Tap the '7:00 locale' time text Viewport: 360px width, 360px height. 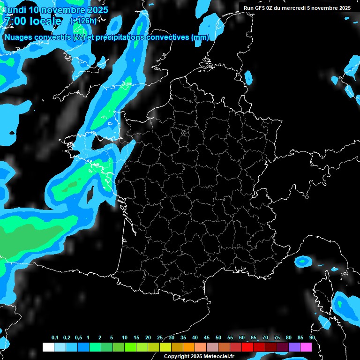(x=32, y=21)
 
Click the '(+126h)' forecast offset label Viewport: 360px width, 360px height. (x=83, y=21)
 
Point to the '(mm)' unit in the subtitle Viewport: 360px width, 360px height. (x=200, y=37)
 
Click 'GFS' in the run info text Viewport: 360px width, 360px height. (x=262, y=8)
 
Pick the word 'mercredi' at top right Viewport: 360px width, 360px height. (x=300, y=8)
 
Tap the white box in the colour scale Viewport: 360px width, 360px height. (x=48, y=347)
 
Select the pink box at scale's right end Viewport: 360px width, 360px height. (x=306, y=347)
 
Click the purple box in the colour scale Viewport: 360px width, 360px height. (x=294, y=347)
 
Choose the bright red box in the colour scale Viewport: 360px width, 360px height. (x=247, y=347)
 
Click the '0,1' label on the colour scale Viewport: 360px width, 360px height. (x=55, y=338)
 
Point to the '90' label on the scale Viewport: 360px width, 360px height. (x=312, y=338)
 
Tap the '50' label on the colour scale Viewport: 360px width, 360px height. (x=218, y=338)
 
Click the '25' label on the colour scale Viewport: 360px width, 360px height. (x=160, y=338)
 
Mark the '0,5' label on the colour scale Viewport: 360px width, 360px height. (x=78, y=338)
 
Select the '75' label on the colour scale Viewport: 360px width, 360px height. (x=277, y=338)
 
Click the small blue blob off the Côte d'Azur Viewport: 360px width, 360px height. (x=303, y=261)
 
